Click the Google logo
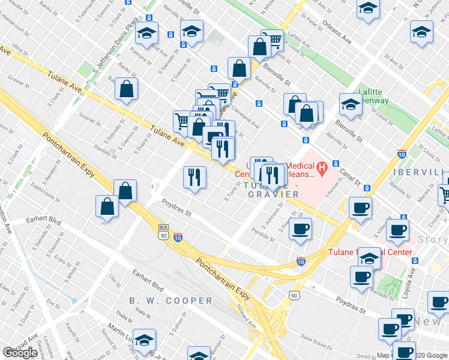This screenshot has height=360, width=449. (20, 353)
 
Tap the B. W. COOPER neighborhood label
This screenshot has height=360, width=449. (170, 301)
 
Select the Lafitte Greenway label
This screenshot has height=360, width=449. (373, 97)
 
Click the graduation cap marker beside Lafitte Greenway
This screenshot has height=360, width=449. (351, 103)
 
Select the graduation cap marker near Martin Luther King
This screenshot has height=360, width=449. (144, 339)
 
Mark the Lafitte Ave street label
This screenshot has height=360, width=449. (298, 41)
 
